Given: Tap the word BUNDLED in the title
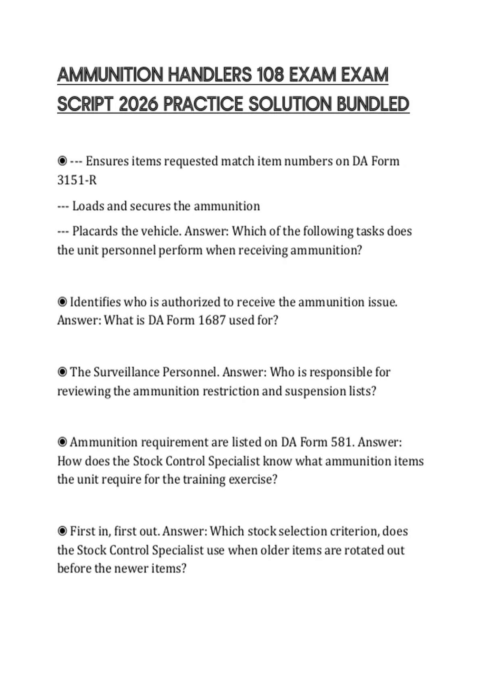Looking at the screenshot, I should pos(373,105).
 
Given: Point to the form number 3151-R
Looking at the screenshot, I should pos(77,180).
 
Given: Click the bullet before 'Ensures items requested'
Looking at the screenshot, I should pos(62,161).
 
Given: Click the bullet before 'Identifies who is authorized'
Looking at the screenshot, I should pos(62,302).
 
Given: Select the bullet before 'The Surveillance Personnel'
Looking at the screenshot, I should pos(62,372).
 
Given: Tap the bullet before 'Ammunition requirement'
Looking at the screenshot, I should pos(62,442).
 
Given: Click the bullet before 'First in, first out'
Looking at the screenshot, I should pos(62,531).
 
